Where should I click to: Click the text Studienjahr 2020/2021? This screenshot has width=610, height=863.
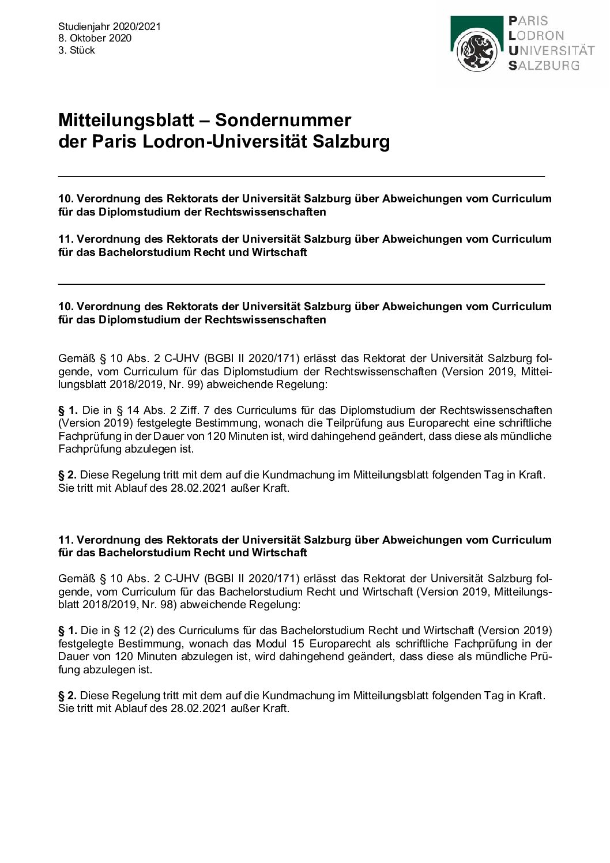click(x=110, y=27)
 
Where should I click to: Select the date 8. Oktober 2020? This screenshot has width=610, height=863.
click(x=95, y=39)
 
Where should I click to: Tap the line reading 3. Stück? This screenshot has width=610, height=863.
click(x=77, y=51)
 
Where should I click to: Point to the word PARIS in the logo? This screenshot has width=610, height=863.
click(x=528, y=21)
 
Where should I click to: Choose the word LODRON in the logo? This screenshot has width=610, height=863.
click(x=536, y=36)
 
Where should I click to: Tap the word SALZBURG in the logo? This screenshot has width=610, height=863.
click(x=544, y=65)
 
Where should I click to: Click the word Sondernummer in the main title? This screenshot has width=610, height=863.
click(x=283, y=120)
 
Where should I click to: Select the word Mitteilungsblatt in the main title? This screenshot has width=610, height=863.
click(x=126, y=120)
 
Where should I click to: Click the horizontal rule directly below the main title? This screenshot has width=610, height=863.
click(x=301, y=176)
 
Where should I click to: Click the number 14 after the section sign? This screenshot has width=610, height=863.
click(x=133, y=410)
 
